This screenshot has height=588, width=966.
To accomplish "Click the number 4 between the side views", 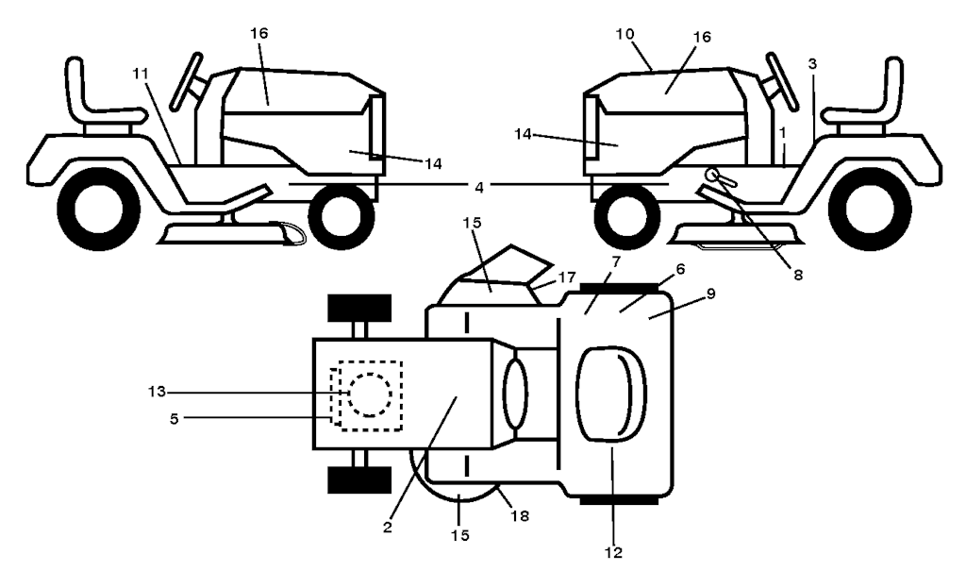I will coord(479,188).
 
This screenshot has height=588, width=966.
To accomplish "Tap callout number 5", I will coord(175,416).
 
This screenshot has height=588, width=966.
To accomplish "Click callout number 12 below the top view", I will coord(614,552).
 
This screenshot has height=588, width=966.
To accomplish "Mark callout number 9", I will coord(710,294).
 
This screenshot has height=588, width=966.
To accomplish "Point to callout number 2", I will coord(387,527).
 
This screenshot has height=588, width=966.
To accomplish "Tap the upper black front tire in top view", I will coord(358,308).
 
